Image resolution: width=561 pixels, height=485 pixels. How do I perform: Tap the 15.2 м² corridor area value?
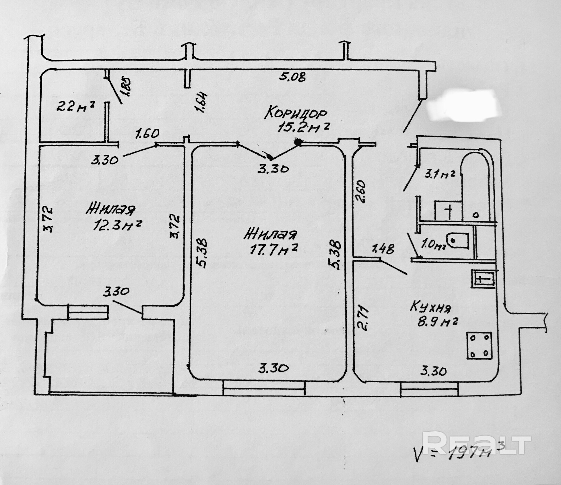tap(303, 127)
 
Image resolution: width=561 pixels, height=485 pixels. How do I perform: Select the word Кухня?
tap(431, 308)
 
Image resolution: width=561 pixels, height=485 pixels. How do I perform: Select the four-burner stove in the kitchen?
tap(479, 346)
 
